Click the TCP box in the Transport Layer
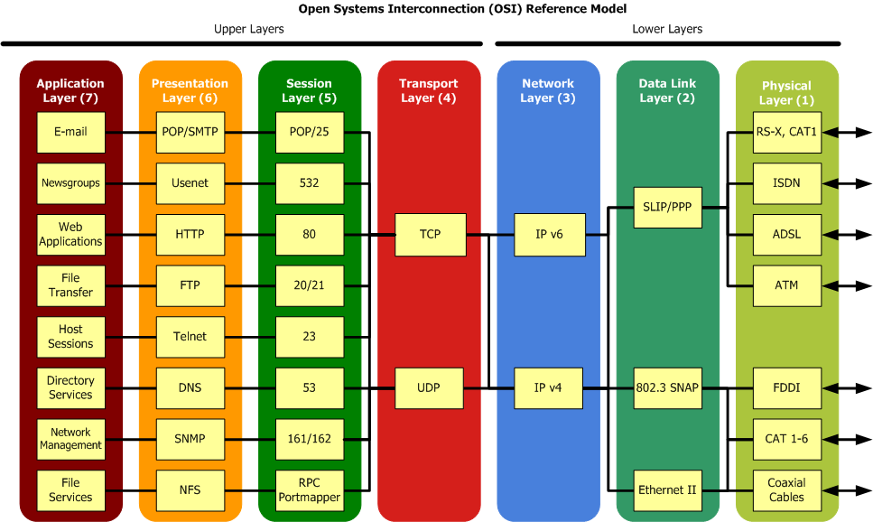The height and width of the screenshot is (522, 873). click(431, 235)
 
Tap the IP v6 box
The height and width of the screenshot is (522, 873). click(550, 235)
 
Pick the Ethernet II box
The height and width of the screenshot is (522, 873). click(668, 490)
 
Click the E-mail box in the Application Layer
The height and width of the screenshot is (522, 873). click(70, 132)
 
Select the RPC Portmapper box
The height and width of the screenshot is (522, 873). click(310, 490)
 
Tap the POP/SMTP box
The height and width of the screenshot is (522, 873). click(190, 132)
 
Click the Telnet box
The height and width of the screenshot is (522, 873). click(190, 337)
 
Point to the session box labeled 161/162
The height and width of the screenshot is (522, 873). click(310, 440)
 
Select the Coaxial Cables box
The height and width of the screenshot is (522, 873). click(787, 490)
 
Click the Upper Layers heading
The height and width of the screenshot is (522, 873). click(248, 29)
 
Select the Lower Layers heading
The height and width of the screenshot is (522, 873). click(667, 29)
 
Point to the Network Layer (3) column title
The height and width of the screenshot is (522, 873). click(548, 91)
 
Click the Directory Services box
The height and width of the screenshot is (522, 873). click(70, 388)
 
